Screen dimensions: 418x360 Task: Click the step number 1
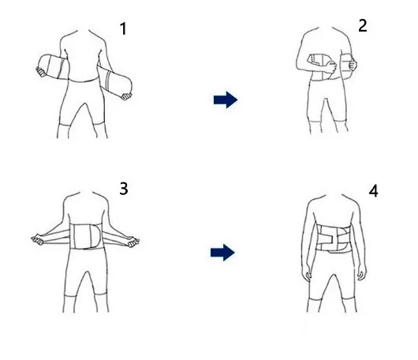coord(123,29)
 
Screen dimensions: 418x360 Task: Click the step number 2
coord(363,26)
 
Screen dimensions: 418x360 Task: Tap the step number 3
coord(124,189)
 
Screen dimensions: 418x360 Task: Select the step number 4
coord(373,191)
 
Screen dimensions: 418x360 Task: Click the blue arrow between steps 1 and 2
coord(226,99)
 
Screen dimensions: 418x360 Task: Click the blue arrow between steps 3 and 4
coord(222,253)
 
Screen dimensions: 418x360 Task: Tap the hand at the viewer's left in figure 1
coord(41,72)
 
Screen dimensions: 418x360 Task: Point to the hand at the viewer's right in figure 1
coord(125,96)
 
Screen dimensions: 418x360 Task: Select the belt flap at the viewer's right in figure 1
coord(115,81)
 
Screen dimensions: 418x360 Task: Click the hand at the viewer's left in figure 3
coord(38,239)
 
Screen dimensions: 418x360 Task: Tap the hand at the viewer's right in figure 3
coord(133,242)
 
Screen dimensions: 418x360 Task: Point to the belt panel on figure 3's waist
coord(86,237)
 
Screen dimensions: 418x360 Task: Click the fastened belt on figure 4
coord(333,238)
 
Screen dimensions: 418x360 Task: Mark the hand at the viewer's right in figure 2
coord(353,64)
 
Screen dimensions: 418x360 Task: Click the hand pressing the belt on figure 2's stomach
coord(330,66)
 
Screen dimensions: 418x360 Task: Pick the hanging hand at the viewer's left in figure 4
coord(307,276)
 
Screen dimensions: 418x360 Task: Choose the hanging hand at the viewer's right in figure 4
coord(362,274)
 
